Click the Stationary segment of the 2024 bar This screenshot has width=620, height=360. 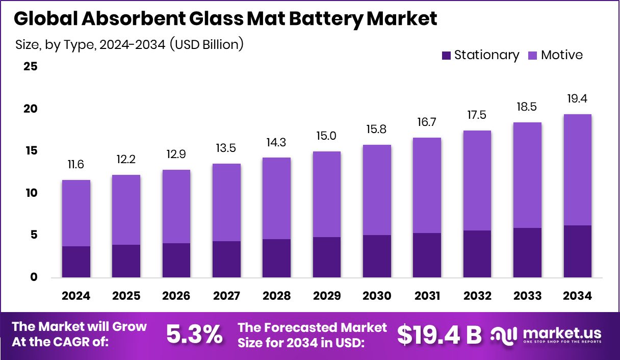tap(75, 262)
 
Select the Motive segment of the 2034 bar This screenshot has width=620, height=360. tap(577, 170)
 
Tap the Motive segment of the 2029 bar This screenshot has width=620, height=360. tap(326, 194)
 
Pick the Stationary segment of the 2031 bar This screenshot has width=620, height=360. tap(427, 255)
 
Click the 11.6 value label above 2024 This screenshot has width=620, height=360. tap(75, 165)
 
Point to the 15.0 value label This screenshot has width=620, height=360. tap(326, 136)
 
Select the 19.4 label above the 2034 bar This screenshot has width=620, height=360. tap(577, 98)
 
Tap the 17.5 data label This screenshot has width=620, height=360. tap(477, 115)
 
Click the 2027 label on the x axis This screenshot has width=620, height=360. tap(226, 296)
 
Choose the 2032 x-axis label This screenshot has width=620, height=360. tap(477, 296)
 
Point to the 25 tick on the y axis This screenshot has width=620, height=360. tap(31, 67)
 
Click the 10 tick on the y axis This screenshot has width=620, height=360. tap(31, 193)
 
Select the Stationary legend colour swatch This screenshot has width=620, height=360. tap(446, 56)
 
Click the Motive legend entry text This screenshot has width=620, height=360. tap(561, 55)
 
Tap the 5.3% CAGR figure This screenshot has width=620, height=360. tap(194, 335)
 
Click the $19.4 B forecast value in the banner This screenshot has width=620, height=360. tap(439, 335)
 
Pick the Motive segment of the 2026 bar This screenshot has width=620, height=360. tap(176, 207)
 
